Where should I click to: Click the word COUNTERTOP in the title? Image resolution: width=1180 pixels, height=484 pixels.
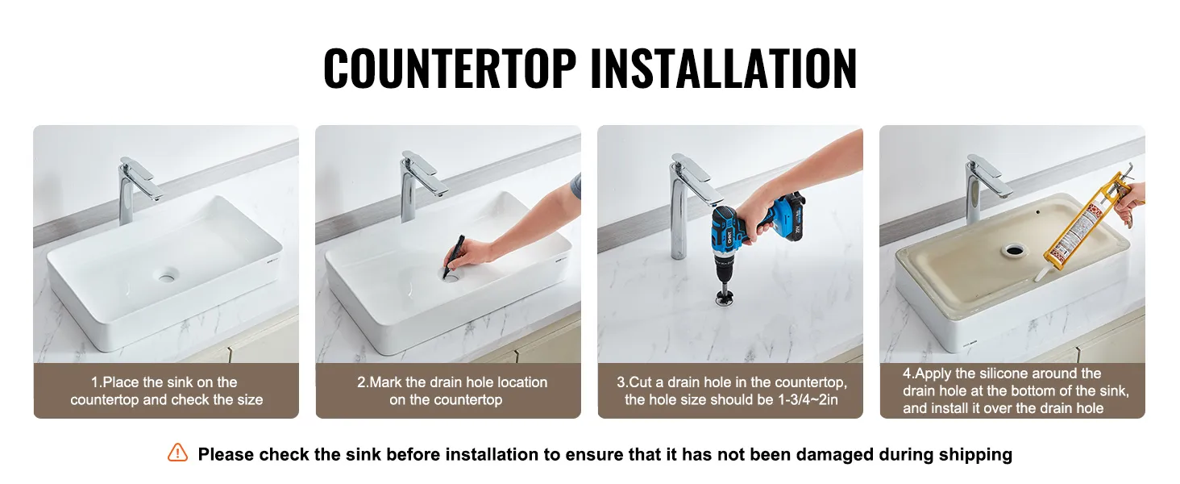tap(450, 68)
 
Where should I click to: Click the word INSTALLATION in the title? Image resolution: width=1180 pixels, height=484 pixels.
tap(724, 68)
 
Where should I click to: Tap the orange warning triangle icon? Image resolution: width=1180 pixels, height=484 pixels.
tap(177, 453)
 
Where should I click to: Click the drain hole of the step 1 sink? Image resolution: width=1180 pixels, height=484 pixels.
tap(168, 275)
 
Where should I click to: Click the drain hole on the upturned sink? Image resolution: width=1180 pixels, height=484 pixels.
tap(1013, 250)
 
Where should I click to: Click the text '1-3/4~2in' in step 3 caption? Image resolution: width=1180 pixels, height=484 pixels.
tap(808, 399)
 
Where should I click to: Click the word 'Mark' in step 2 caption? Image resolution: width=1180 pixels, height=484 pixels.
tap(386, 382)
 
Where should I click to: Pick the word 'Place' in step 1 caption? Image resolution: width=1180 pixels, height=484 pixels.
tap(121, 382)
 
